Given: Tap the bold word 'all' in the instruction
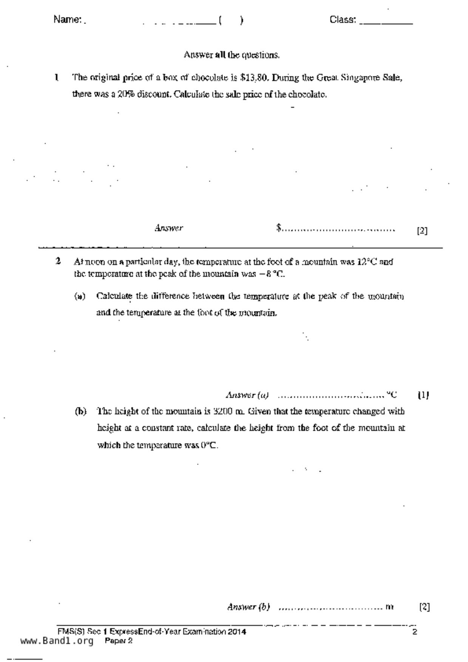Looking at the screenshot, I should [220, 55].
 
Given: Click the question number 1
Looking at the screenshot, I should [56, 78].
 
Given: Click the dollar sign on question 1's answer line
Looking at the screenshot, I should [279, 228].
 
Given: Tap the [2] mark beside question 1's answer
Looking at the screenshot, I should [422, 231].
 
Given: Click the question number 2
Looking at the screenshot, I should [58, 261].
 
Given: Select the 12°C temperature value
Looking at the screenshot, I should [366, 262].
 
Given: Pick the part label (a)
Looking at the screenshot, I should [80, 296].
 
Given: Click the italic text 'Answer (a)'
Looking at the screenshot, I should [247, 395].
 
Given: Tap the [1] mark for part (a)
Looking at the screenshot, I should [423, 395].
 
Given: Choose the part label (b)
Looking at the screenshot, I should [80, 411].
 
